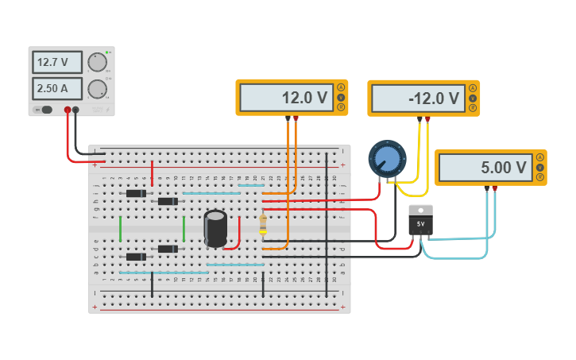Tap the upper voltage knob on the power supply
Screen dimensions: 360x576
[x=97, y=62]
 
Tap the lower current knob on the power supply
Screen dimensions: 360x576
[x=97, y=88]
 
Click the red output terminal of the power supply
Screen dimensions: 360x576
[x=68, y=110]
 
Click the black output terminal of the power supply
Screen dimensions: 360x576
[x=76, y=110]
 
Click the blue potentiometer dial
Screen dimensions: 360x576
[x=387, y=158]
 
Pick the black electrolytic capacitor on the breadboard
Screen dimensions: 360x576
[x=215, y=227]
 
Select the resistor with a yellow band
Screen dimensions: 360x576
[x=263, y=225]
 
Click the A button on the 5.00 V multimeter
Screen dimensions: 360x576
[x=540, y=157]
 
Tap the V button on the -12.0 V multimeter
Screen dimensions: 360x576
[x=473, y=99]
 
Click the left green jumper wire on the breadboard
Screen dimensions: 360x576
[x=120, y=229]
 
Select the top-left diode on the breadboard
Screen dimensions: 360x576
[x=136, y=193]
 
